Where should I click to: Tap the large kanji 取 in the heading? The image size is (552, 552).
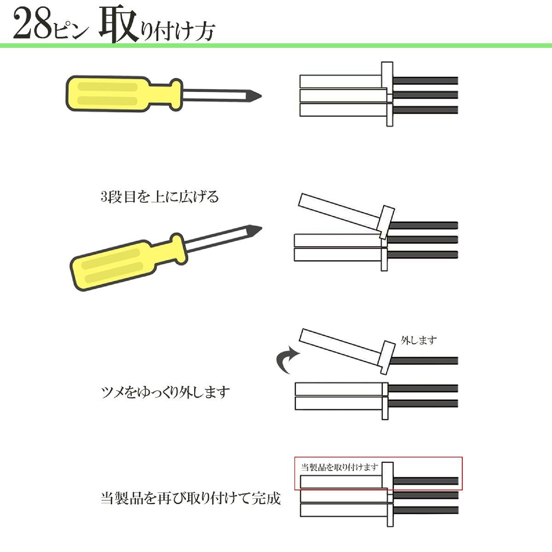pos(119,23)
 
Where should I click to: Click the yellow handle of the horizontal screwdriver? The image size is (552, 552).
pos(124,94)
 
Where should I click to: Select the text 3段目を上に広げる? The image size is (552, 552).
pos(160,197)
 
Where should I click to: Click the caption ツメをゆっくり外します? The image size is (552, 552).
pos(165,392)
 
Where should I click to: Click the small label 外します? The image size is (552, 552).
pos(419,340)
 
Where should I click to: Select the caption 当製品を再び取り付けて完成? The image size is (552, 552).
pos(190,498)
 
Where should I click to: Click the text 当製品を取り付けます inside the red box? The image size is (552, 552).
pos(339,467)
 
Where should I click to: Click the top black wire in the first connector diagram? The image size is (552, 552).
pos(425,80)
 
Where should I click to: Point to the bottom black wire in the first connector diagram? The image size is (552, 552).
pos(425,110)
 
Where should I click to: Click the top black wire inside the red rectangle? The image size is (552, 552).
pos(425,481)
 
